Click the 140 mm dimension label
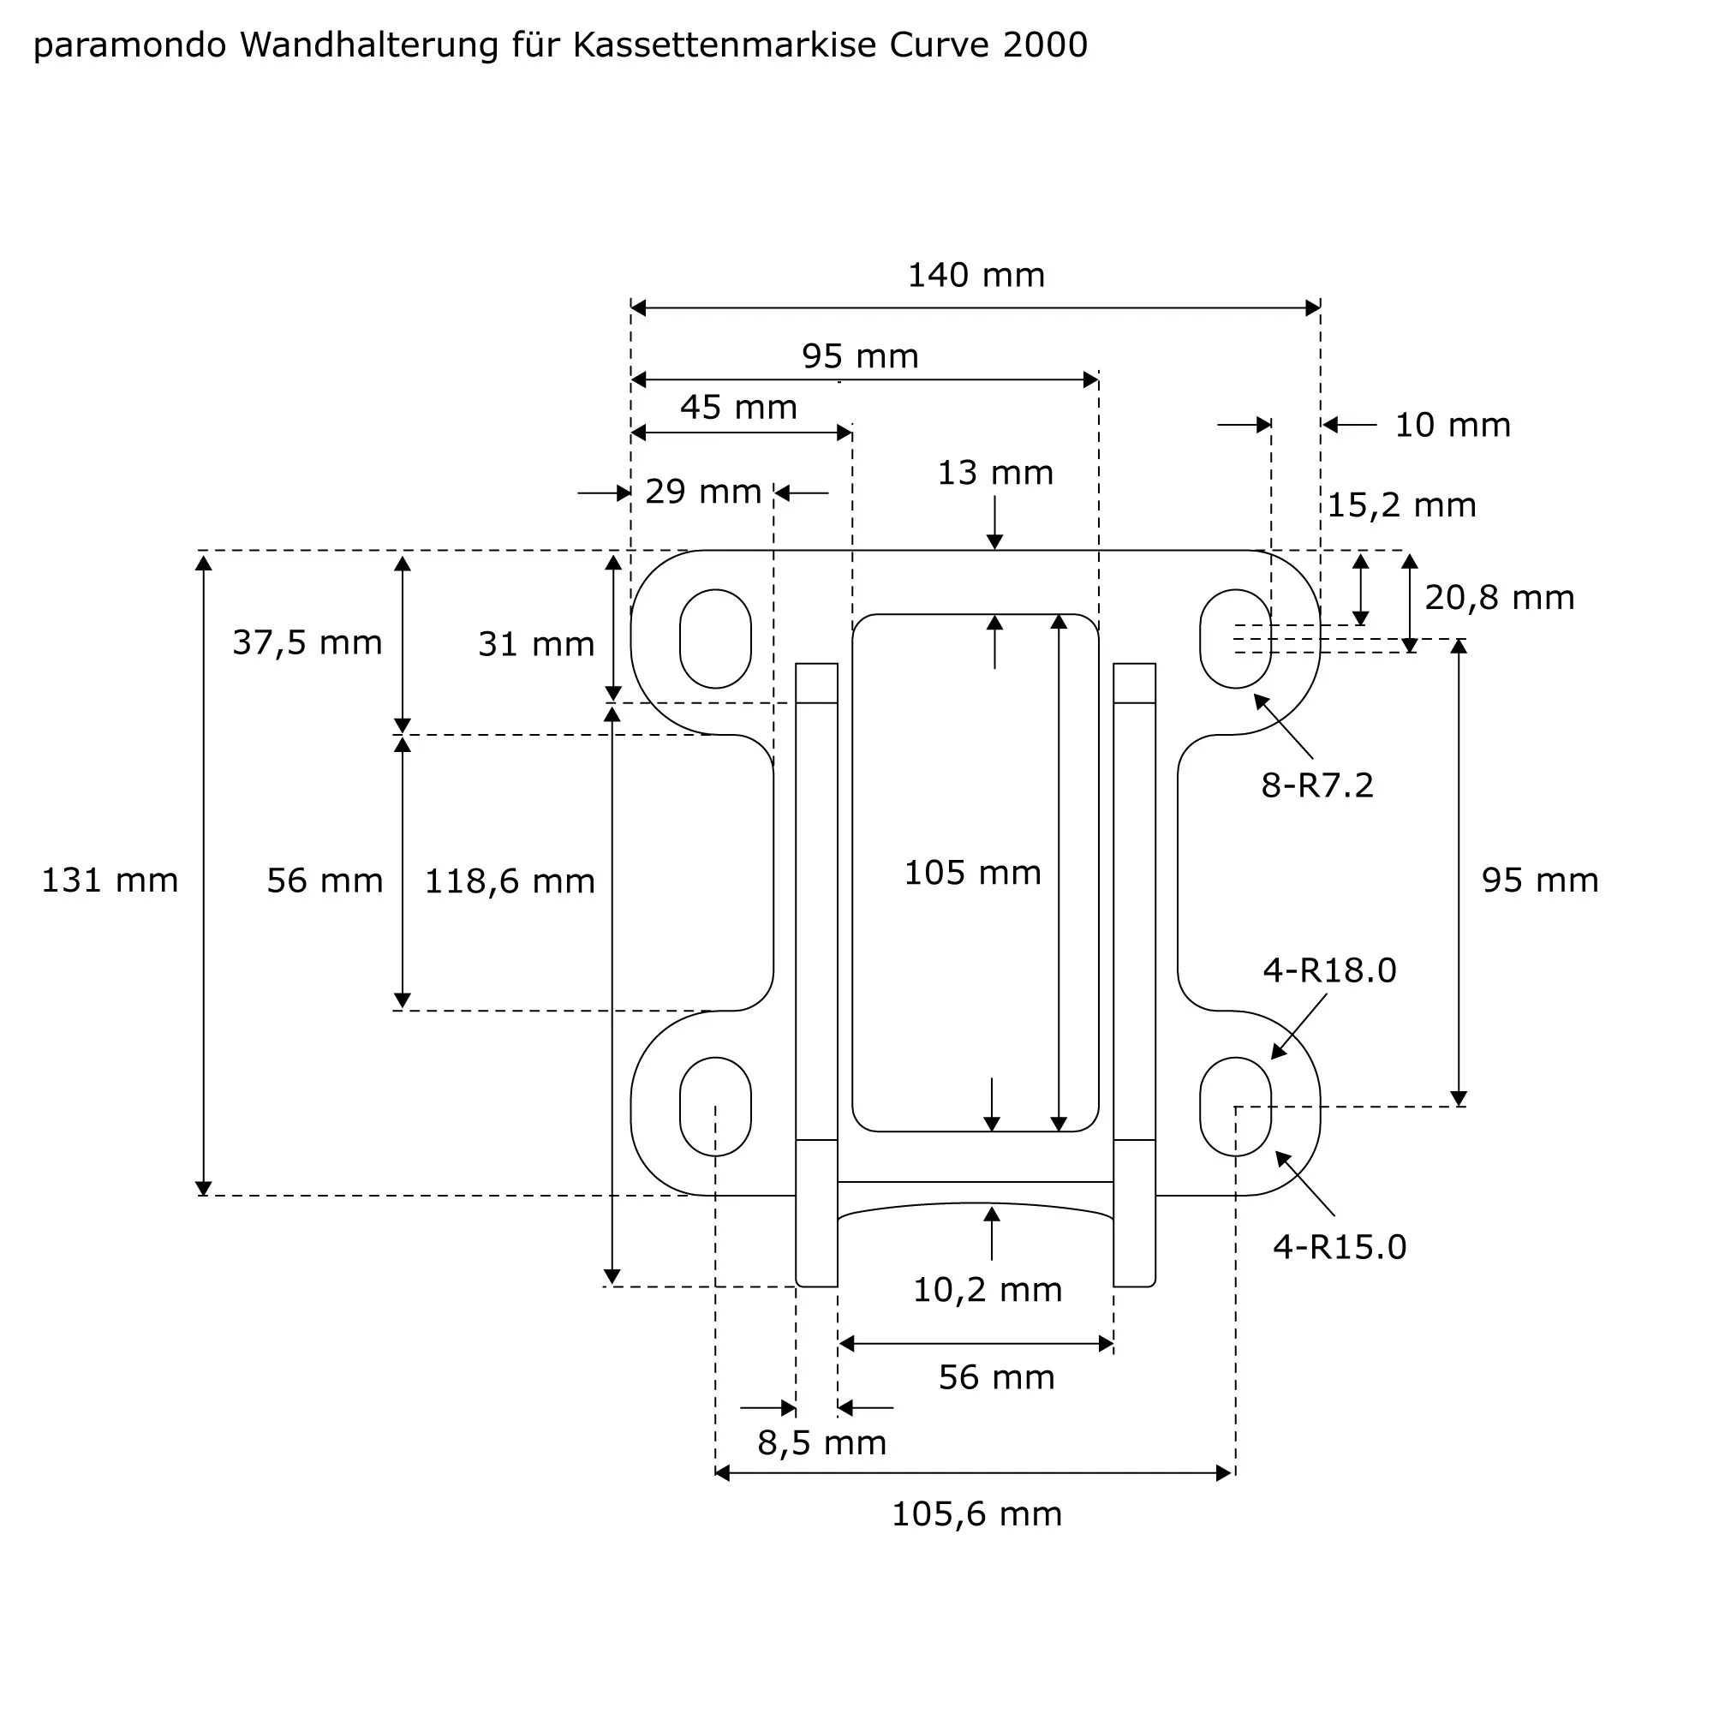click(x=976, y=276)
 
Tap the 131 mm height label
click(x=110, y=880)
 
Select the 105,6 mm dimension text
click(x=976, y=1513)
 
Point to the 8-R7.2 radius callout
click(x=1316, y=785)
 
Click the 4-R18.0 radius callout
click(x=1329, y=971)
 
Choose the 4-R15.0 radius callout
click(x=1339, y=1246)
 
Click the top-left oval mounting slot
click(x=714, y=638)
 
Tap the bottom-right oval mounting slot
click(x=1235, y=1107)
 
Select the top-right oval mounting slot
click(x=1235, y=638)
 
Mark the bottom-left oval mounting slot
click(x=714, y=1107)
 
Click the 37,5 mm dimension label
click(x=307, y=643)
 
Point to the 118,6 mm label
click(x=510, y=881)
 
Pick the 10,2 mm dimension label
click(x=987, y=1290)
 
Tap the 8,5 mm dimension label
click(x=822, y=1442)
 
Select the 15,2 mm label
click(x=1401, y=505)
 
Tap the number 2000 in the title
click(x=1044, y=45)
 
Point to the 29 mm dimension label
click(x=703, y=492)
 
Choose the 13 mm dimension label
click(x=994, y=474)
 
